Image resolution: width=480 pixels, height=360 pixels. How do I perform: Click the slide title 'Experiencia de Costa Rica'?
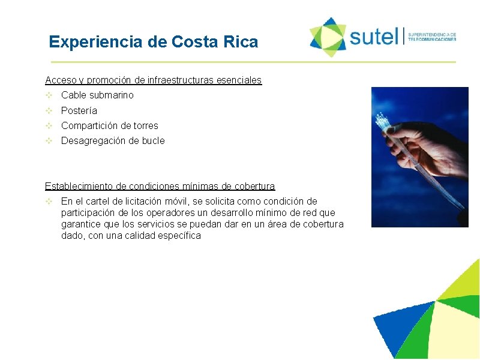[x=154, y=42]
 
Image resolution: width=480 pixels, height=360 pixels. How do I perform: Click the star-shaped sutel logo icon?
[x=328, y=37]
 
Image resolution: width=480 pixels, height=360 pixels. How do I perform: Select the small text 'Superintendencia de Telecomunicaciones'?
[x=432, y=37]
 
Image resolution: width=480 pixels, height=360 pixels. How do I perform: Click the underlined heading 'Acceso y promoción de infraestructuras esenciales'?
[x=154, y=80]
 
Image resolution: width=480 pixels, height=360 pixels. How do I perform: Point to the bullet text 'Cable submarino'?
[x=97, y=95]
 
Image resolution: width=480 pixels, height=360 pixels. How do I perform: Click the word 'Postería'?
[x=79, y=110]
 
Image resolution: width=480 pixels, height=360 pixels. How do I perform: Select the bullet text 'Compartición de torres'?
[x=110, y=125]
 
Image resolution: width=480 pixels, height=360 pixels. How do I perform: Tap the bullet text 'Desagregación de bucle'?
[x=113, y=140]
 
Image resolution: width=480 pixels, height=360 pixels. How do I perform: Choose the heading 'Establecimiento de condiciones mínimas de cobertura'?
[x=160, y=187]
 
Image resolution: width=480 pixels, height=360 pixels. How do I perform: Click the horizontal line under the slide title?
[x=253, y=62]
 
